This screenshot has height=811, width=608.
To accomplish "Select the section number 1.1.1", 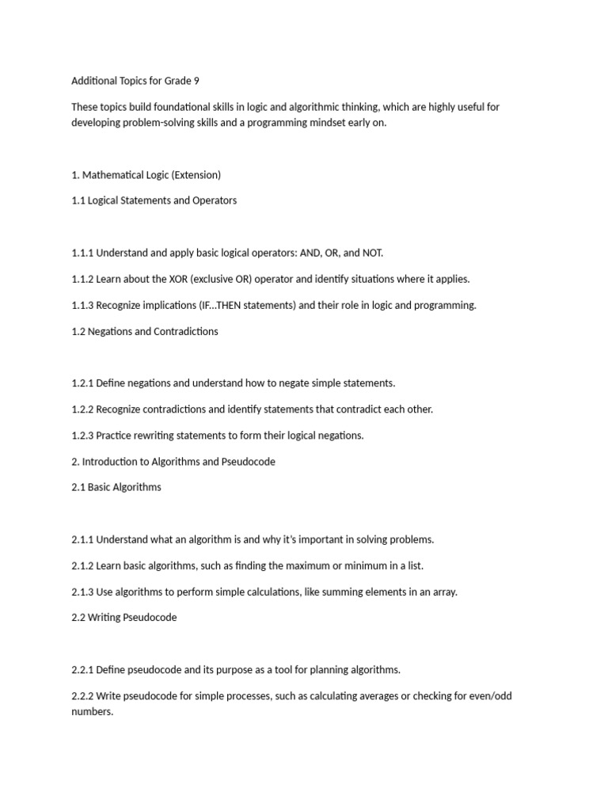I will [82, 253].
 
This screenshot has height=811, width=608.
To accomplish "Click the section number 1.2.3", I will [82, 435].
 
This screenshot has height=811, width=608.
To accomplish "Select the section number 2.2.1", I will [82, 669].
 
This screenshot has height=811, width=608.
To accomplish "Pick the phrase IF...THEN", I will [195, 305].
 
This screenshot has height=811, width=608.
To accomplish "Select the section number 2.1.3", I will [82, 591].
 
